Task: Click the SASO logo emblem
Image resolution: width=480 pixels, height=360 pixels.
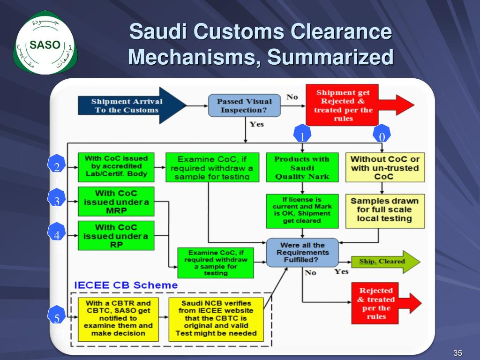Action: coord(45,43)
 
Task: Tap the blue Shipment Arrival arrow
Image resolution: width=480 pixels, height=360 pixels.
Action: coord(132,105)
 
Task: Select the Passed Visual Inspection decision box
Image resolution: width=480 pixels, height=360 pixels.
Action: coord(244,105)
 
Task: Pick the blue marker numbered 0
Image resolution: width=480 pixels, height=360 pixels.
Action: coord(382,134)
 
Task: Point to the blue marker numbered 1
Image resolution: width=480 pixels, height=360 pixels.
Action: coord(302,134)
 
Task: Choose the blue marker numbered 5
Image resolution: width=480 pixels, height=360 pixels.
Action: coord(57,315)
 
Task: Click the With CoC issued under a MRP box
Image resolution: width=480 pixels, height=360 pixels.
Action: coord(116,202)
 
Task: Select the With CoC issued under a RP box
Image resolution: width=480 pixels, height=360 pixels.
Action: coord(116,236)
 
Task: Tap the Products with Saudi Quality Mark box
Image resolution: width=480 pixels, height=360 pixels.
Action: coord(302,167)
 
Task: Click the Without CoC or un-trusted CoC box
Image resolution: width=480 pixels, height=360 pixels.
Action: coord(385,167)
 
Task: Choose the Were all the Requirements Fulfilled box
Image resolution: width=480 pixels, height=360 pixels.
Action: coord(302,253)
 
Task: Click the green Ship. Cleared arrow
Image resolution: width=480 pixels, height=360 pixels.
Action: coord(386,262)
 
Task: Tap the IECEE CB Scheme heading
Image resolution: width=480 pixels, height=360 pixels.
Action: coord(126,285)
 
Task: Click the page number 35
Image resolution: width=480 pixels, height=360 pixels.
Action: coord(457,353)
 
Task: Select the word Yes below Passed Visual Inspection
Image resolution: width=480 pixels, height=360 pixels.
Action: coord(256,124)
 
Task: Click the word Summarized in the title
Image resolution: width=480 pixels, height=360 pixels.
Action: coord(330,57)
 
